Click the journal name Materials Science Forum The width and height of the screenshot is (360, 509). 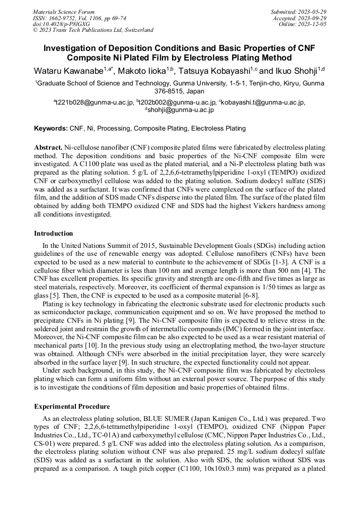pos(64,11)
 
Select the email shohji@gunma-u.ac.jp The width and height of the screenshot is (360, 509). pos(181,110)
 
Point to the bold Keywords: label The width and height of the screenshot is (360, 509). pos(51,128)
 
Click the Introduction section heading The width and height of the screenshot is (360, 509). pos(54,234)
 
